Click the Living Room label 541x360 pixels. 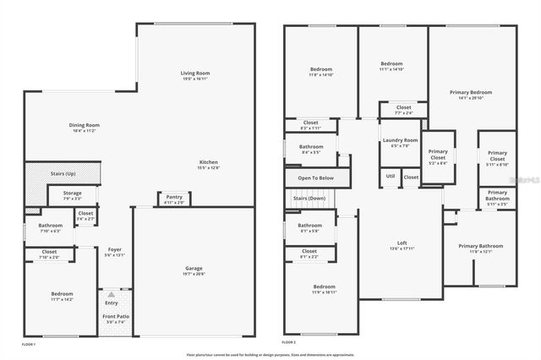point(194,74)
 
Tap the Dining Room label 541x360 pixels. point(85,126)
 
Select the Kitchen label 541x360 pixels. point(209,162)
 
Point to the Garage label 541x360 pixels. point(194,270)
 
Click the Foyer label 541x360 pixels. point(112,253)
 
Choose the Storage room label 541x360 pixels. point(72,194)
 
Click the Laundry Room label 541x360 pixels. point(400,140)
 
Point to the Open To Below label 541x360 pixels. point(315,178)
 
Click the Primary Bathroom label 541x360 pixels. point(480,246)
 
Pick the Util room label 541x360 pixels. point(390,176)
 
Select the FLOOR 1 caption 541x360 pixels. point(31,343)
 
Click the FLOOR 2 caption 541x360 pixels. point(290,343)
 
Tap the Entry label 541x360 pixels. point(112,303)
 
